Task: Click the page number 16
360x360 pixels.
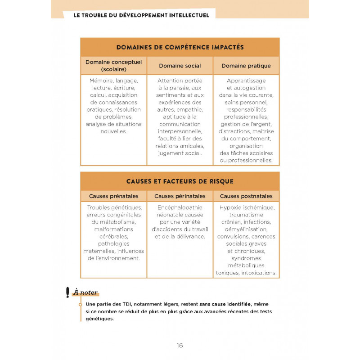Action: tap(180, 345)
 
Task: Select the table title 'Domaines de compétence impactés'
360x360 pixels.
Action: tap(180, 47)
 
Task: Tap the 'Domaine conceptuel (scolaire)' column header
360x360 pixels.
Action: tap(113, 66)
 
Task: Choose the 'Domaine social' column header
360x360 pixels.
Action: tap(180, 66)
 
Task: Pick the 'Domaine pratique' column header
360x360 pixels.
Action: tap(246, 66)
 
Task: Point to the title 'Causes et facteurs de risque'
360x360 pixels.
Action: tap(180, 181)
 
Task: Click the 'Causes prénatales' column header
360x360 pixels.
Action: tap(113, 196)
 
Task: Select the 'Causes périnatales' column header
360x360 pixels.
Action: tap(180, 196)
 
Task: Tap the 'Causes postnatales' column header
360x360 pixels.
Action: tap(246, 196)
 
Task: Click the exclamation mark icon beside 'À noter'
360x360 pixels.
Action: tap(67, 292)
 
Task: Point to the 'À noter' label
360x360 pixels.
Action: tap(85, 292)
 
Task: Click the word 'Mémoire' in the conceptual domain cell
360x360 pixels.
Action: tap(101, 81)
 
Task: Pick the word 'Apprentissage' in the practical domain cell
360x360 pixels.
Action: tap(246, 81)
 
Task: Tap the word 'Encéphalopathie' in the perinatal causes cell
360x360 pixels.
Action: tap(180, 208)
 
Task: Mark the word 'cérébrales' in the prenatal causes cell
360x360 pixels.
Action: tap(113, 237)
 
